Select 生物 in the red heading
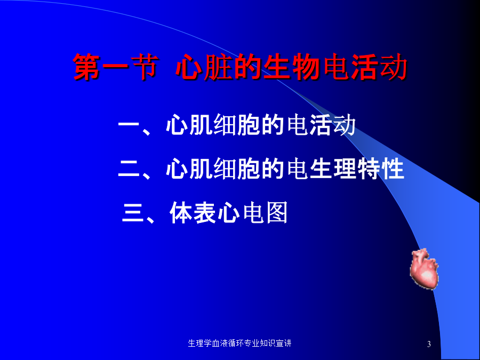point(291,67)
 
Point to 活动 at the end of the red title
point(379,67)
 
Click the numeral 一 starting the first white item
point(129,124)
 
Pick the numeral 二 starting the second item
point(129,169)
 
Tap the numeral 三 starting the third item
point(133,212)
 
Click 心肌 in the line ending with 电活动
point(188,125)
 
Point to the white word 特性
point(381,169)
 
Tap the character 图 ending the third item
point(277,212)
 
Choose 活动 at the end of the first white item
point(333,125)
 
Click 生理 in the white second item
point(333,169)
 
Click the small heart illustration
point(424,268)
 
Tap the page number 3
point(429,344)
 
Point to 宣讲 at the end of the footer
point(284,343)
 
